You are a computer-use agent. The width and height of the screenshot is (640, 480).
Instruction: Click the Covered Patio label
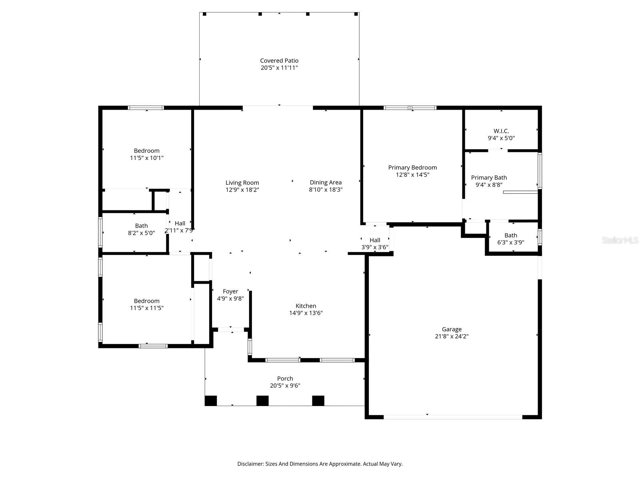tap(279, 61)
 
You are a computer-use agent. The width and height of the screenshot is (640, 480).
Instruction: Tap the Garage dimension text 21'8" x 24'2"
tap(452, 336)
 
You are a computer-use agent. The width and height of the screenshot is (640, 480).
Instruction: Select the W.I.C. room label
tap(501, 131)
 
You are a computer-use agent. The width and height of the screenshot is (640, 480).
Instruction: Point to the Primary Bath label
tap(489, 178)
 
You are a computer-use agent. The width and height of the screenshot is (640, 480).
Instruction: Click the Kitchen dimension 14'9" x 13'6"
tap(306, 313)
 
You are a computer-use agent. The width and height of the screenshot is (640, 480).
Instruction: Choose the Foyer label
tap(230, 292)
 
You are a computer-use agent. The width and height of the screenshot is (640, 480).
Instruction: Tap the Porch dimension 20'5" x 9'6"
tap(285, 386)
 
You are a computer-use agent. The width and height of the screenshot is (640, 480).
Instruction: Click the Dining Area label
tap(326, 182)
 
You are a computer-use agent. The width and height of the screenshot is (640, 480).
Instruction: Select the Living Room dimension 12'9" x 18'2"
tap(242, 190)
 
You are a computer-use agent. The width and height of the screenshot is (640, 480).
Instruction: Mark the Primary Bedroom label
tap(412, 168)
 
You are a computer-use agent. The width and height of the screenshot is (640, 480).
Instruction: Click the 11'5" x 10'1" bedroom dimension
tap(147, 158)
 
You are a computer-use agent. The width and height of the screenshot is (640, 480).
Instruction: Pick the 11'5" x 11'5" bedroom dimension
tap(147, 308)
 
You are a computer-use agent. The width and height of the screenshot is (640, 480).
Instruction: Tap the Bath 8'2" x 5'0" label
tap(141, 226)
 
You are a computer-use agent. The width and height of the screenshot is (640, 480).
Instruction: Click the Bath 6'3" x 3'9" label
tap(511, 236)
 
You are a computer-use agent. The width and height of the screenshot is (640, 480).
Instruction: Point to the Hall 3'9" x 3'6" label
tap(375, 240)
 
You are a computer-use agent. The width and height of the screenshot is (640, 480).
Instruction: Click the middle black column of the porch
tap(262, 400)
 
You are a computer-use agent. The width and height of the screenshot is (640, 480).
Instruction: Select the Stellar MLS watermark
tap(620, 240)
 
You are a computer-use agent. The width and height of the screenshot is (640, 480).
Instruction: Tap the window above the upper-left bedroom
tap(146, 108)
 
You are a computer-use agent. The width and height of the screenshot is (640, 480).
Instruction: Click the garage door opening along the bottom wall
tap(453, 417)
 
